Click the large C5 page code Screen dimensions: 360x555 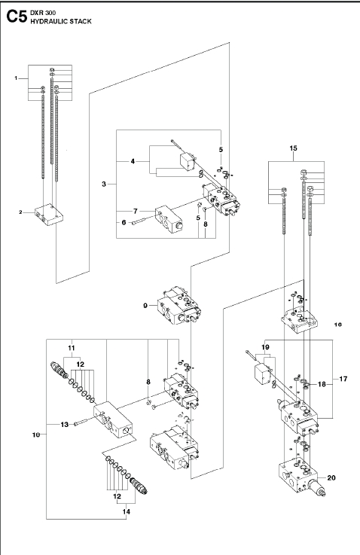(x=17, y=17)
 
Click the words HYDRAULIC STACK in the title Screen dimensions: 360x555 (x=61, y=22)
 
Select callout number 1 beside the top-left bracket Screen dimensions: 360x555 (x=16, y=78)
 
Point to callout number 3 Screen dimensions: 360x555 (x=104, y=184)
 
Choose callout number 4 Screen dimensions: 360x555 (x=133, y=161)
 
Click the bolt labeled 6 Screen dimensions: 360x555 (x=143, y=223)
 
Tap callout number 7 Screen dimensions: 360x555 (x=136, y=212)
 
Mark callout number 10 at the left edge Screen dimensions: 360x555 (x=36, y=435)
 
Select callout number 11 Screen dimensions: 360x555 (x=72, y=348)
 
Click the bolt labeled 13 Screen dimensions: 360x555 (x=84, y=422)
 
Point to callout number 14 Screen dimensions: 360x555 (x=127, y=511)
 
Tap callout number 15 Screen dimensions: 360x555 (x=293, y=148)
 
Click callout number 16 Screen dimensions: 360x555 (x=337, y=325)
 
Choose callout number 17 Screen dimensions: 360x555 (x=343, y=379)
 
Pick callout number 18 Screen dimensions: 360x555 (x=322, y=384)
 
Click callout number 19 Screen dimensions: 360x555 (x=266, y=347)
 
